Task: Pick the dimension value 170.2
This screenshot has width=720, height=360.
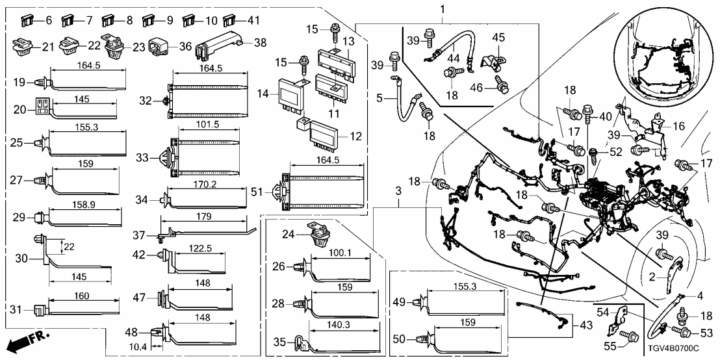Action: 205,184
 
